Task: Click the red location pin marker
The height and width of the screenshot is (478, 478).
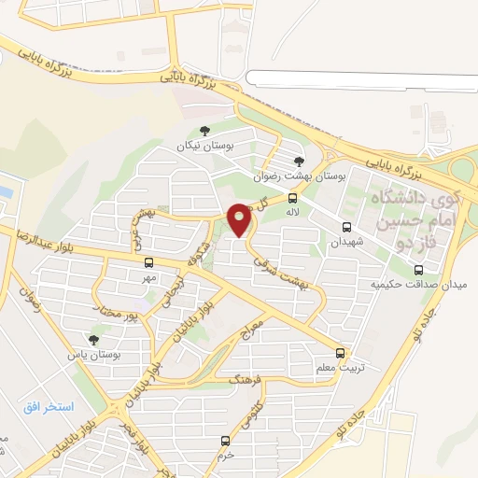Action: click(x=240, y=218)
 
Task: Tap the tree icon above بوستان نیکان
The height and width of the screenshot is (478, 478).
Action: click(x=205, y=133)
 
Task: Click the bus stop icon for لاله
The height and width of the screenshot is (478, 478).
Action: click(x=293, y=198)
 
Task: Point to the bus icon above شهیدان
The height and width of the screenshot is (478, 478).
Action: click(x=347, y=227)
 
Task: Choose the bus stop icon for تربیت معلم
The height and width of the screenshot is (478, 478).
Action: click(x=339, y=353)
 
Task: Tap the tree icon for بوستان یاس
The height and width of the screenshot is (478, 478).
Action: click(x=91, y=341)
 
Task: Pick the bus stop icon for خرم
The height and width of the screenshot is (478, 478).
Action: click(x=224, y=440)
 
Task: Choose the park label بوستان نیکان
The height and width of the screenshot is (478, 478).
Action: click(x=205, y=147)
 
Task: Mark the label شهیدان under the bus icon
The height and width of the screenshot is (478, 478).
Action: click(x=344, y=242)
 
